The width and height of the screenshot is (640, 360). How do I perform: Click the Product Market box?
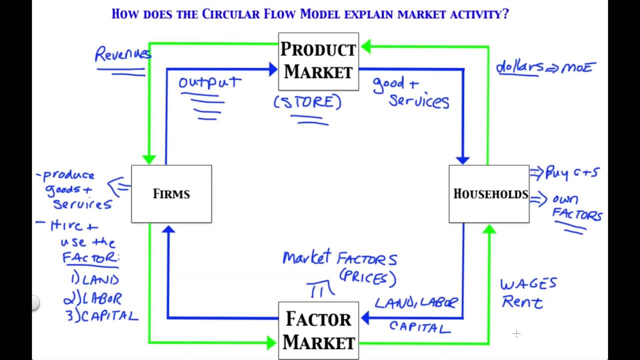318,61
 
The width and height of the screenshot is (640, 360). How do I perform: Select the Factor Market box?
318,330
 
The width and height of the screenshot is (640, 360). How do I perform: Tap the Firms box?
171,193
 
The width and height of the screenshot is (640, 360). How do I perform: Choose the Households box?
489,193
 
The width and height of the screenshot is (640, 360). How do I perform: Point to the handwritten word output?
210,82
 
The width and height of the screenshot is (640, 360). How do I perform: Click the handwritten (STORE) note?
307,102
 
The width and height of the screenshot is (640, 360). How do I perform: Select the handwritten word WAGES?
528,284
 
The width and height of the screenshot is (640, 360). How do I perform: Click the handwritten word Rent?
522,302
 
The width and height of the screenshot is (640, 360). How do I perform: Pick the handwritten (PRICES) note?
367,277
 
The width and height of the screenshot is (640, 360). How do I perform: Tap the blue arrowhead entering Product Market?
273,69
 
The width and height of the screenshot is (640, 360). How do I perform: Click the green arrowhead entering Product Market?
365,47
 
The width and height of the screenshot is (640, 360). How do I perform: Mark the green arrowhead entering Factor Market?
271,342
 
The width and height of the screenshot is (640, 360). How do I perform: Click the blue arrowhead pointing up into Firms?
168,229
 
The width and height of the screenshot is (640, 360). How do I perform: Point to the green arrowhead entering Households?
489,229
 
